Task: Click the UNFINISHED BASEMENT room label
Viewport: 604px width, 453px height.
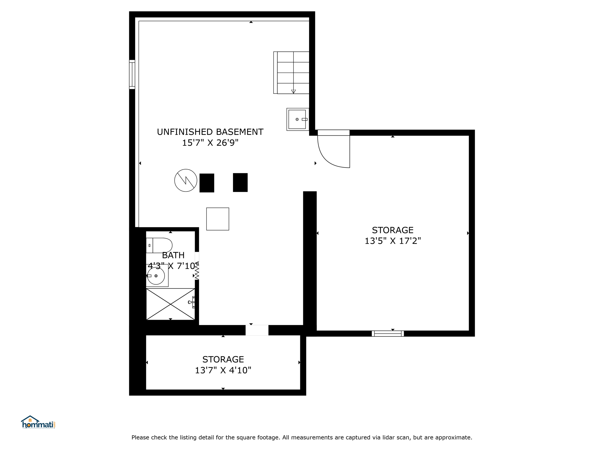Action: coord(210,132)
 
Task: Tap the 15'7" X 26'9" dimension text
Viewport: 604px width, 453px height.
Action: coord(210,143)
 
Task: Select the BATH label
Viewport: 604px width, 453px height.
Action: coord(173,255)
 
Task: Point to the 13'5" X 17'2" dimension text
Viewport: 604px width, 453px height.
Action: coord(393,241)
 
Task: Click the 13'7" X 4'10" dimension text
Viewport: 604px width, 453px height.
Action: coord(223,370)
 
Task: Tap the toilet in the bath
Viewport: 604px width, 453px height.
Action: coord(159,245)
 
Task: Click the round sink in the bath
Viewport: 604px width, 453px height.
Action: coord(156,276)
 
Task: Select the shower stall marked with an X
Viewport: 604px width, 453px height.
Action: coord(170,304)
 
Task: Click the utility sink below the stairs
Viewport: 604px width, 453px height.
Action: coord(298,119)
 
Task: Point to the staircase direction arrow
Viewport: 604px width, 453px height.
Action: coord(293,92)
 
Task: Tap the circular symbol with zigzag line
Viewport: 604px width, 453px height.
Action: coord(186,180)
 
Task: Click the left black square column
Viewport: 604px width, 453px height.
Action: coord(207,183)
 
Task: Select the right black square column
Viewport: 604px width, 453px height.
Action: coord(240,183)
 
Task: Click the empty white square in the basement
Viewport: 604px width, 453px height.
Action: coord(218,219)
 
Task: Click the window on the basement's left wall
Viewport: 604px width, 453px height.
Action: coord(132,74)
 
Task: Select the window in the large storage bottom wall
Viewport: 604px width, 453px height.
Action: coord(388,334)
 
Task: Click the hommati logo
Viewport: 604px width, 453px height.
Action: coord(38,422)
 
